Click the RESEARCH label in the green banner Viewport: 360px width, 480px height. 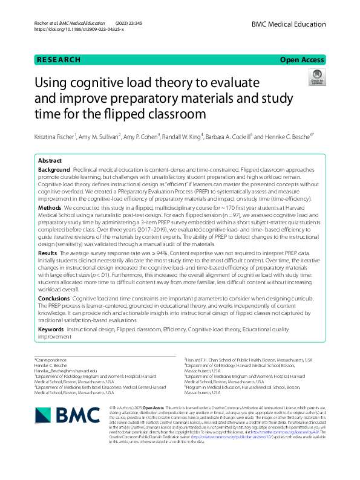(x=58, y=59)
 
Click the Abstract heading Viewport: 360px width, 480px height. (x=50, y=161)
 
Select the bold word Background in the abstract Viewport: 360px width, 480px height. (x=53, y=171)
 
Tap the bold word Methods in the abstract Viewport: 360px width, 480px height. (x=50, y=206)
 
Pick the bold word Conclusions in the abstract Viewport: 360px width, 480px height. (x=54, y=298)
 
